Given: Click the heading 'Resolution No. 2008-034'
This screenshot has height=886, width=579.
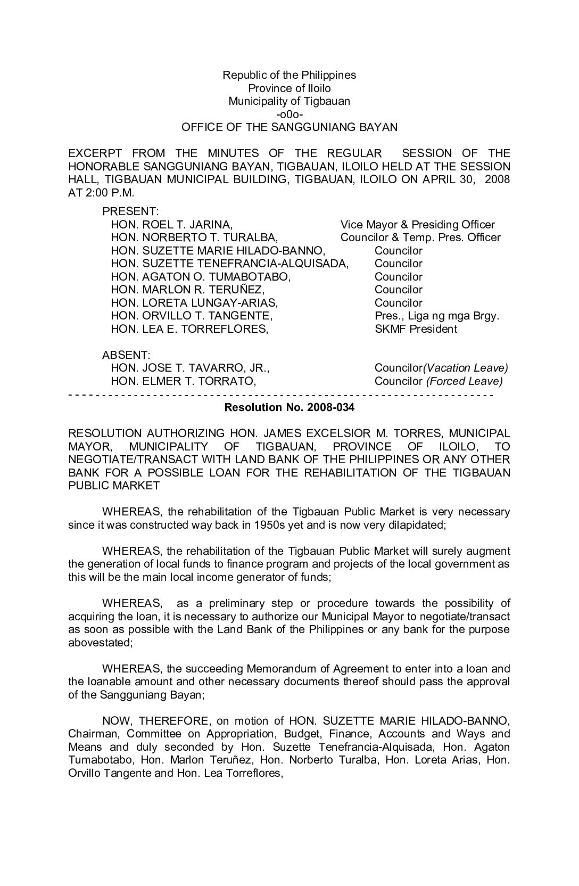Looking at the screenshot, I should [x=289, y=408].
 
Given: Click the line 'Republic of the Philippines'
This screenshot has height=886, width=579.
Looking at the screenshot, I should [x=289, y=75].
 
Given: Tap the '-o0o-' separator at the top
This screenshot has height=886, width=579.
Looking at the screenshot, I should [x=289, y=114].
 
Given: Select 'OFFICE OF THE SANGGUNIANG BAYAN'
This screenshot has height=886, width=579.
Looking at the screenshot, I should [x=289, y=127].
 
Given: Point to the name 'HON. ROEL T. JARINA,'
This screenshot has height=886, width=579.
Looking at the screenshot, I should [x=171, y=225].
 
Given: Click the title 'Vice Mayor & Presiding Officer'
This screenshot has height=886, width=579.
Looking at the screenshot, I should [x=417, y=225].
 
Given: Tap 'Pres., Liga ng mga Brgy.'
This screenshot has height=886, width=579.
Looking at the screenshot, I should [x=436, y=316].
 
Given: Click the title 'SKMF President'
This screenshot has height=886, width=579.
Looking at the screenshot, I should [x=415, y=329].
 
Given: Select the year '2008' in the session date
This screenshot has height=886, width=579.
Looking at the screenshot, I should [x=497, y=179].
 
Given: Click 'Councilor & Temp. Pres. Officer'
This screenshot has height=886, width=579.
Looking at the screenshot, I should [x=420, y=237].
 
